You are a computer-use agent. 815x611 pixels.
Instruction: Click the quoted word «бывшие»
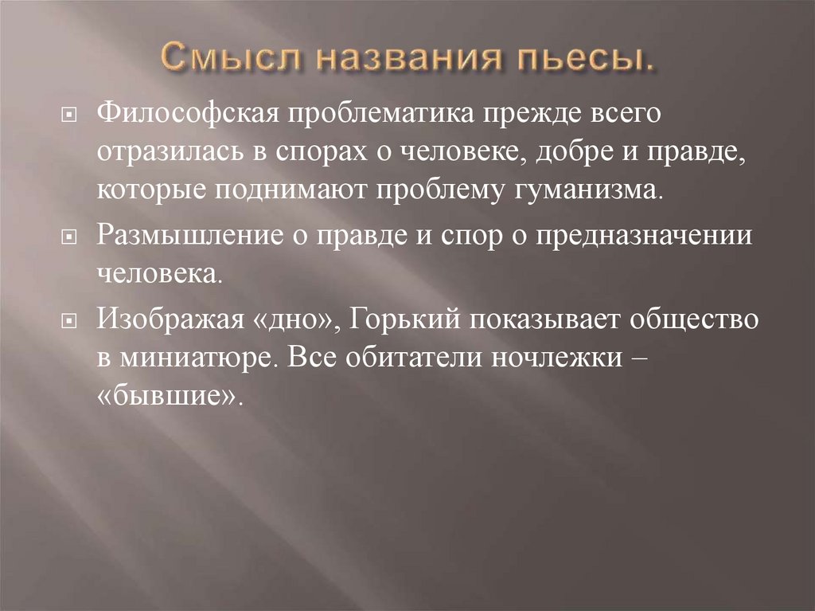pyautogui.click(x=167, y=396)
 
